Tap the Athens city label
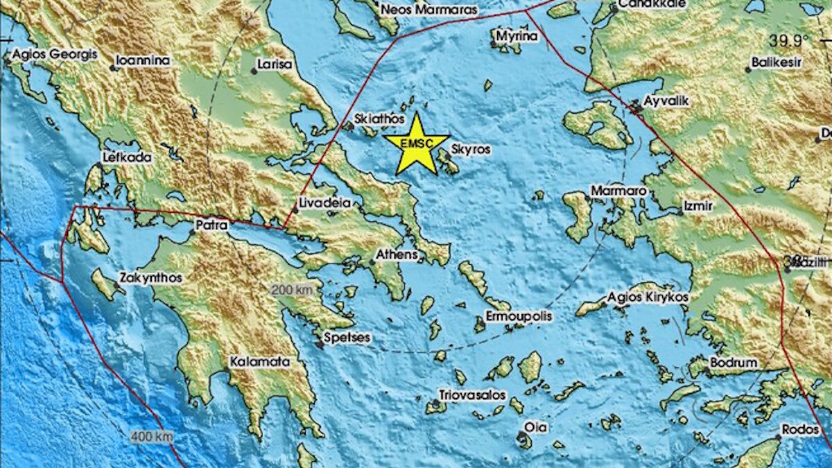(397, 254)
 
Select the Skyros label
(471, 149)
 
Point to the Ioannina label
(143, 60)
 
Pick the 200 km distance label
(292, 290)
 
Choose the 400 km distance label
(151, 437)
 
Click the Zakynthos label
(150, 277)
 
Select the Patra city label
(211, 225)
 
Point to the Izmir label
(697, 206)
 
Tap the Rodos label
(799, 429)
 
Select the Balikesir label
(777, 62)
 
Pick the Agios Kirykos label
(648, 297)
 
